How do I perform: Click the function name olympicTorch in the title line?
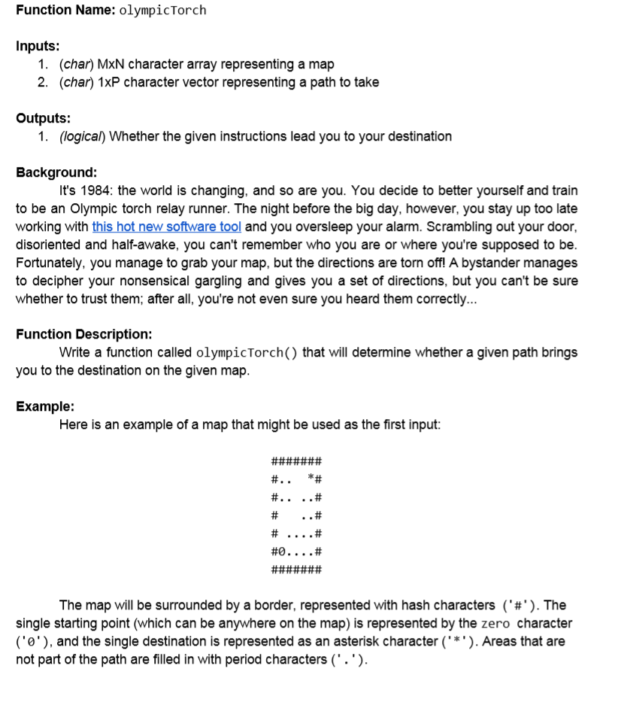[162, 11]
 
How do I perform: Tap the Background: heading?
[56, 172]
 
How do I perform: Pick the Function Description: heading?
[83, 334]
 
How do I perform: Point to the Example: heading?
[45, 406]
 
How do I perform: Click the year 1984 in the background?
[92, 190]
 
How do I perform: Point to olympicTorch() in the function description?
[247, 353]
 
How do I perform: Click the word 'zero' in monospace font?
[496, 624]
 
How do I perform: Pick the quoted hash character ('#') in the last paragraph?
[519, 606]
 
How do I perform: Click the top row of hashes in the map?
[296, 460]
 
